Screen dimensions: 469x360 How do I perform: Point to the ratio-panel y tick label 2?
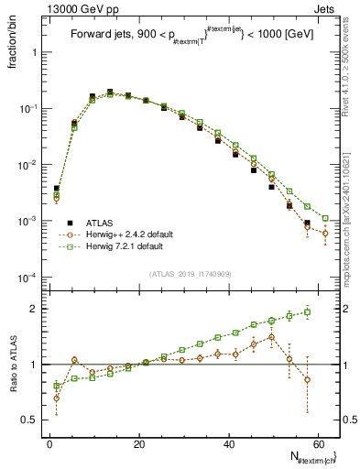coord(34,309)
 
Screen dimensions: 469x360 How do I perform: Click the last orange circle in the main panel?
coord(325,234)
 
